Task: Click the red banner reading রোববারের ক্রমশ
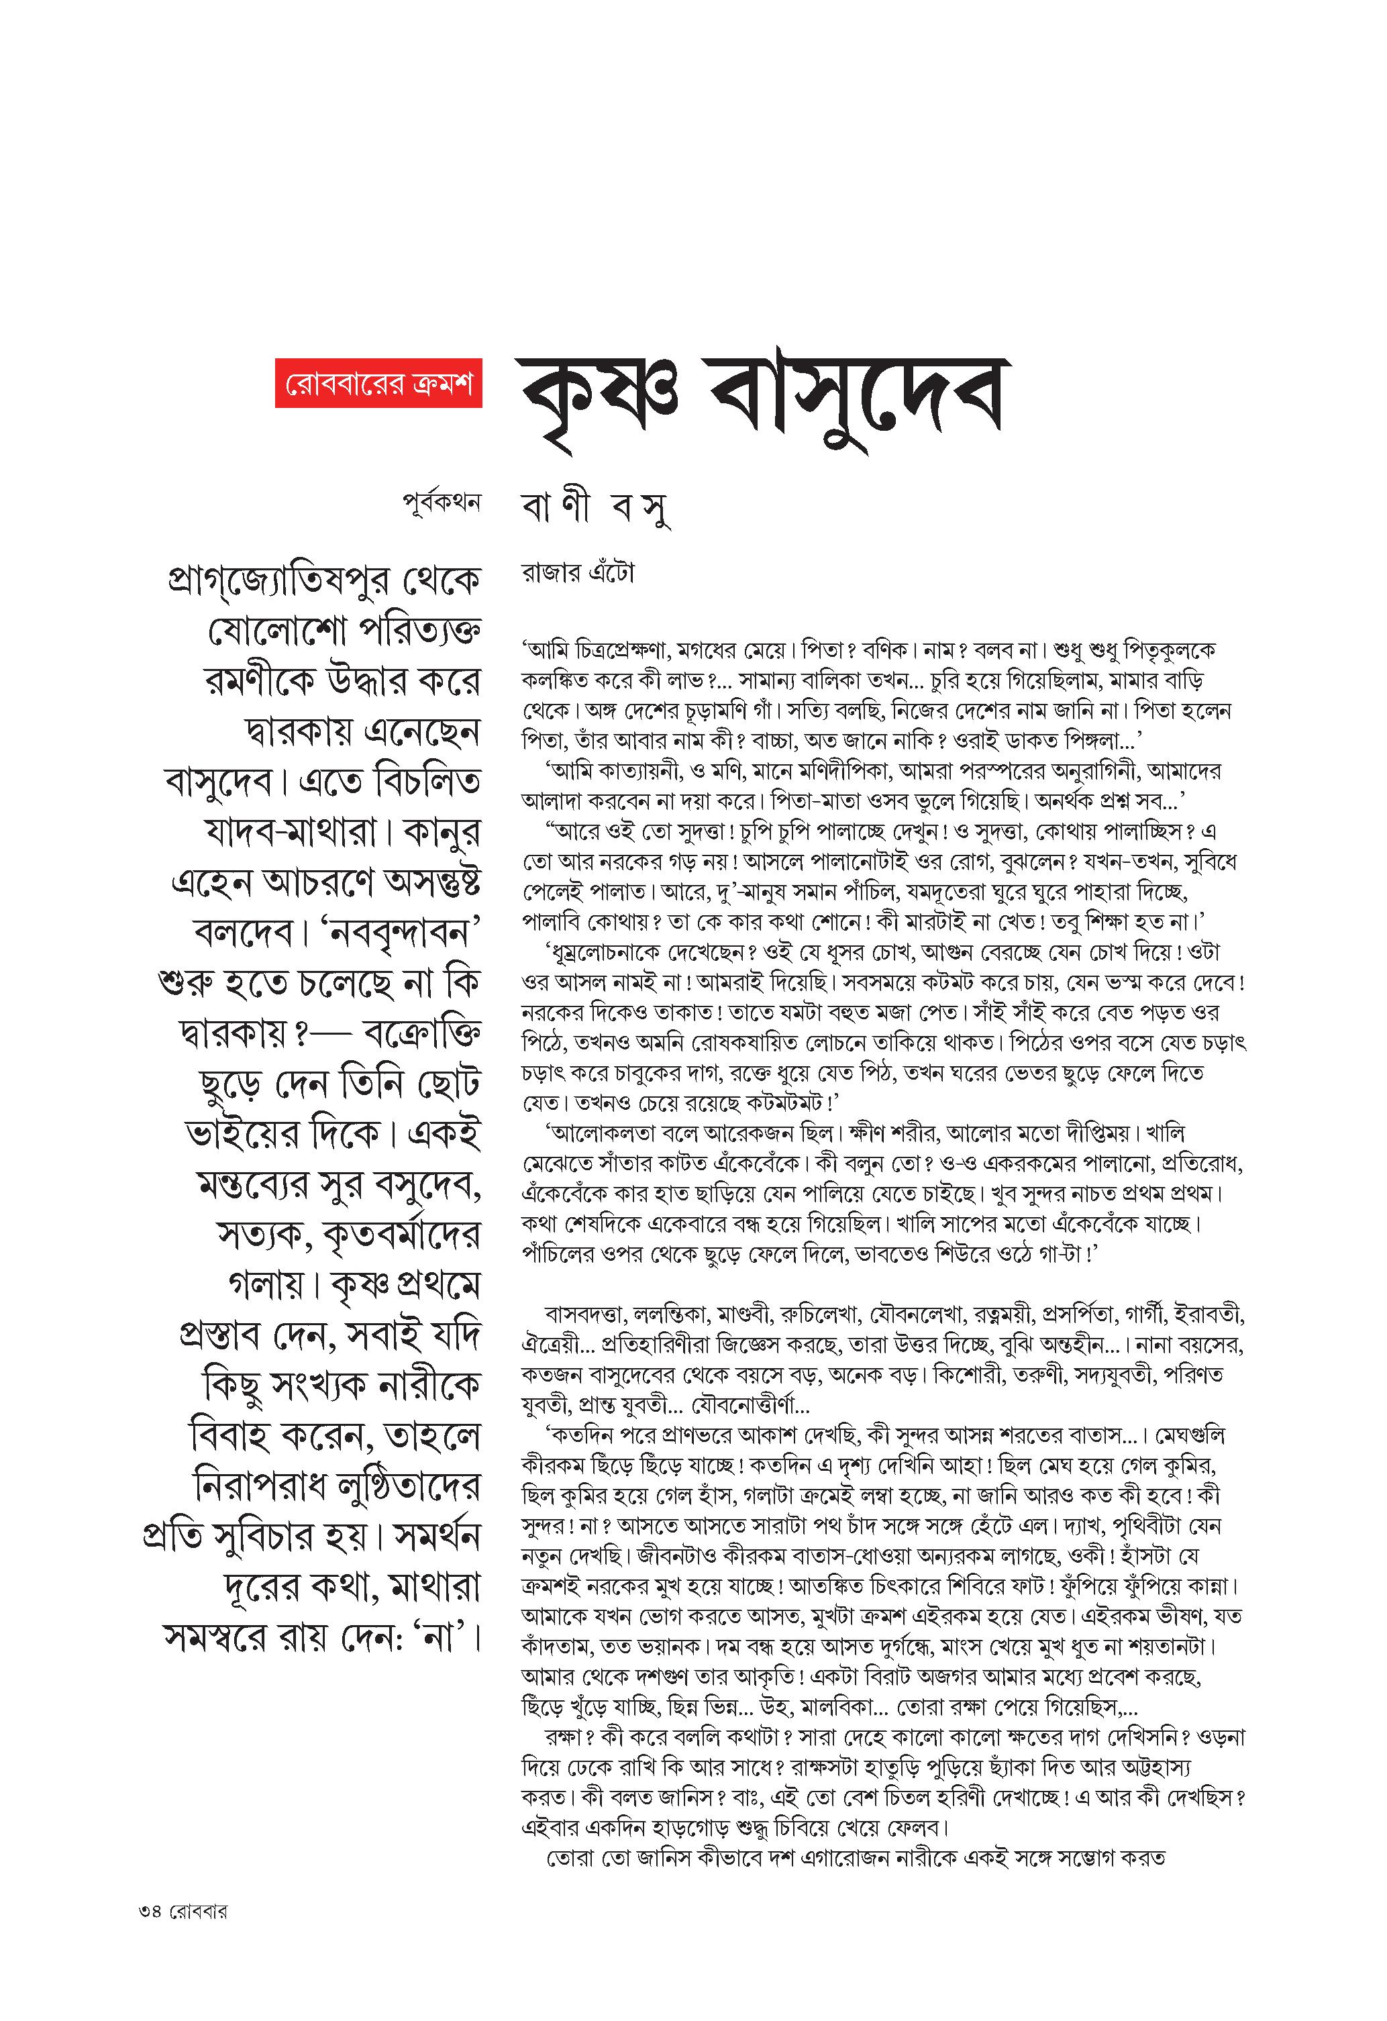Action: [x=378, y=382]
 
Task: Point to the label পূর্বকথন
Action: [x=442, y=502]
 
